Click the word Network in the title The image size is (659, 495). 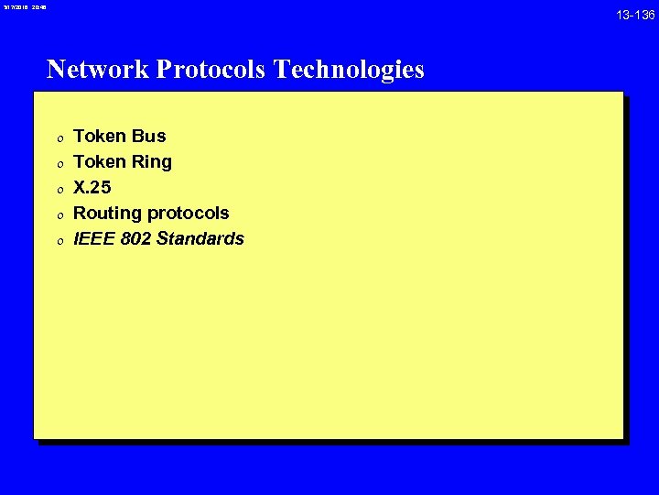[98, 70]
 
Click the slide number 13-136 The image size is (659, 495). [634, 16]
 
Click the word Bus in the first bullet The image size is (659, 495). [148, 137]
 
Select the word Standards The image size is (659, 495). [204, 239]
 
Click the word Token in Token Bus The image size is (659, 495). [100, 137]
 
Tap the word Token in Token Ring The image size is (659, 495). [100, 162]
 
